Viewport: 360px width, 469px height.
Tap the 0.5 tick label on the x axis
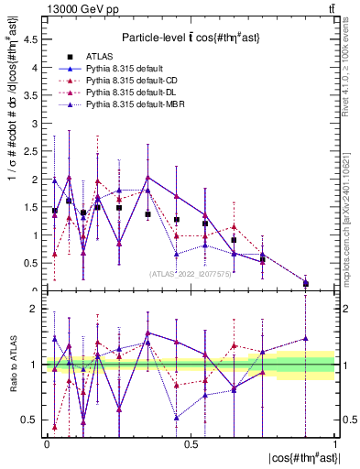[x=190, y=444]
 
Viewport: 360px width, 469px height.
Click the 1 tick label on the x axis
[x=334, y=444]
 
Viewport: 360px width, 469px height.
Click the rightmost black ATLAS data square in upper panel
[x=306, y=283]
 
